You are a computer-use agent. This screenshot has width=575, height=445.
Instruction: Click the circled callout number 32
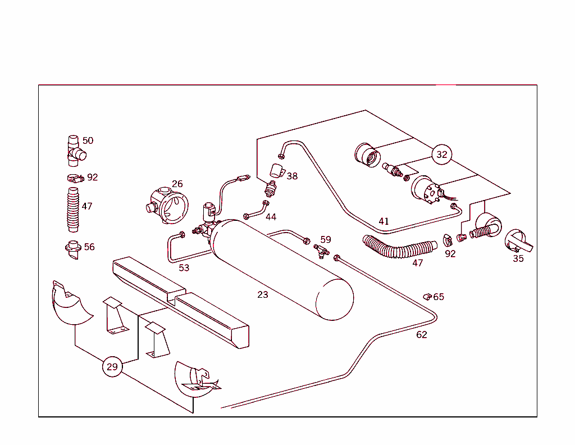tap(442, 155)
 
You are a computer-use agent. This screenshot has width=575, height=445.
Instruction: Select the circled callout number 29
tap(112, 367)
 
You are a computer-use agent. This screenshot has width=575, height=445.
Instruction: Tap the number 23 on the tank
tap(263, 294)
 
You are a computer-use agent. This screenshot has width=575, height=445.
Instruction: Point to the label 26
tap(177, 184)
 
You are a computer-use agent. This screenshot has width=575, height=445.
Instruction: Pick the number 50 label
tap(88, 140)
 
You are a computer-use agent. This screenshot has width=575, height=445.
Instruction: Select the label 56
tap(89, 247)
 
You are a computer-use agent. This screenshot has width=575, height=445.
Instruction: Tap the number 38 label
tap(292, 176)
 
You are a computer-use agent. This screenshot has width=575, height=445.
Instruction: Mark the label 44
tap(271, 217)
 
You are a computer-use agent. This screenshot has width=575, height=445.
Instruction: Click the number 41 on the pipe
tap(384, 221)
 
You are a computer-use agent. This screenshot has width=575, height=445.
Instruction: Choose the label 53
tap(184, 267)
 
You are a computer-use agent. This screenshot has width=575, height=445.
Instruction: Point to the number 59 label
tap(326, 240)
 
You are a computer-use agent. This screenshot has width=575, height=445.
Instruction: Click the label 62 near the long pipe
tap(422, 335)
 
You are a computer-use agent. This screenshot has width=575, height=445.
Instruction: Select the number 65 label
tap(439, 297)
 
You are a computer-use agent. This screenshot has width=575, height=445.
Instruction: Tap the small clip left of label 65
tap(427, 296)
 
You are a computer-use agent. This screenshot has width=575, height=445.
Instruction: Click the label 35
tap(518, 258)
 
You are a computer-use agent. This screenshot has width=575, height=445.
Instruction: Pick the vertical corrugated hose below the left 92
tap(72, 210)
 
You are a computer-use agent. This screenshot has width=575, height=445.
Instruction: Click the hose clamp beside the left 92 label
tap(73, 178)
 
